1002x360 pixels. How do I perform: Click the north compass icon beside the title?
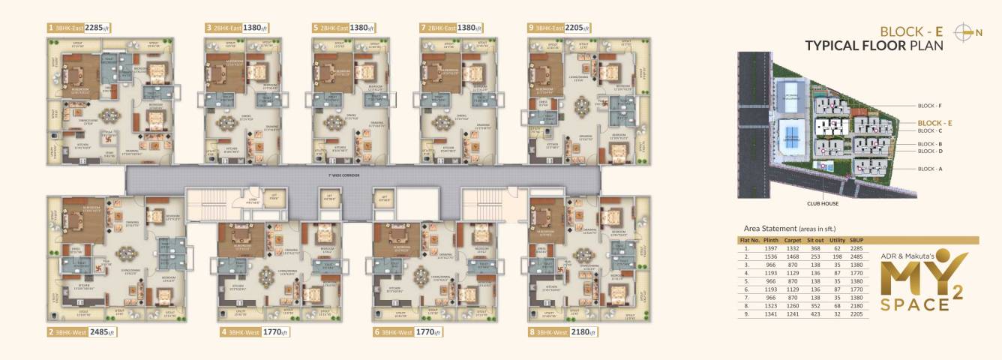[x=968, y=31]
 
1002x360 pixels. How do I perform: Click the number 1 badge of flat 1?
[x=50, y=28]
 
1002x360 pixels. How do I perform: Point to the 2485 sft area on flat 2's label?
[x=100, y=331]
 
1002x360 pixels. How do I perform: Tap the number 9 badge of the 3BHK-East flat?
[x=531, y=28]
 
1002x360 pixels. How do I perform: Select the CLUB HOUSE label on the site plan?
[x=823, y=203]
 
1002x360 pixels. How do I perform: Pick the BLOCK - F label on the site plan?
[x=931, y=106]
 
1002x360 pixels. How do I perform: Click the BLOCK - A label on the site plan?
[x=931, y=169]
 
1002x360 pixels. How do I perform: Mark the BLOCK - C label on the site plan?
[x=931, y=130]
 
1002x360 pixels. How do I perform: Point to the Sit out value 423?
[x=815, y=314]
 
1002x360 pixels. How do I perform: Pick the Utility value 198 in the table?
[x=837, y=256]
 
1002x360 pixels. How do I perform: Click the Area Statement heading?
[x=789, y=228]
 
